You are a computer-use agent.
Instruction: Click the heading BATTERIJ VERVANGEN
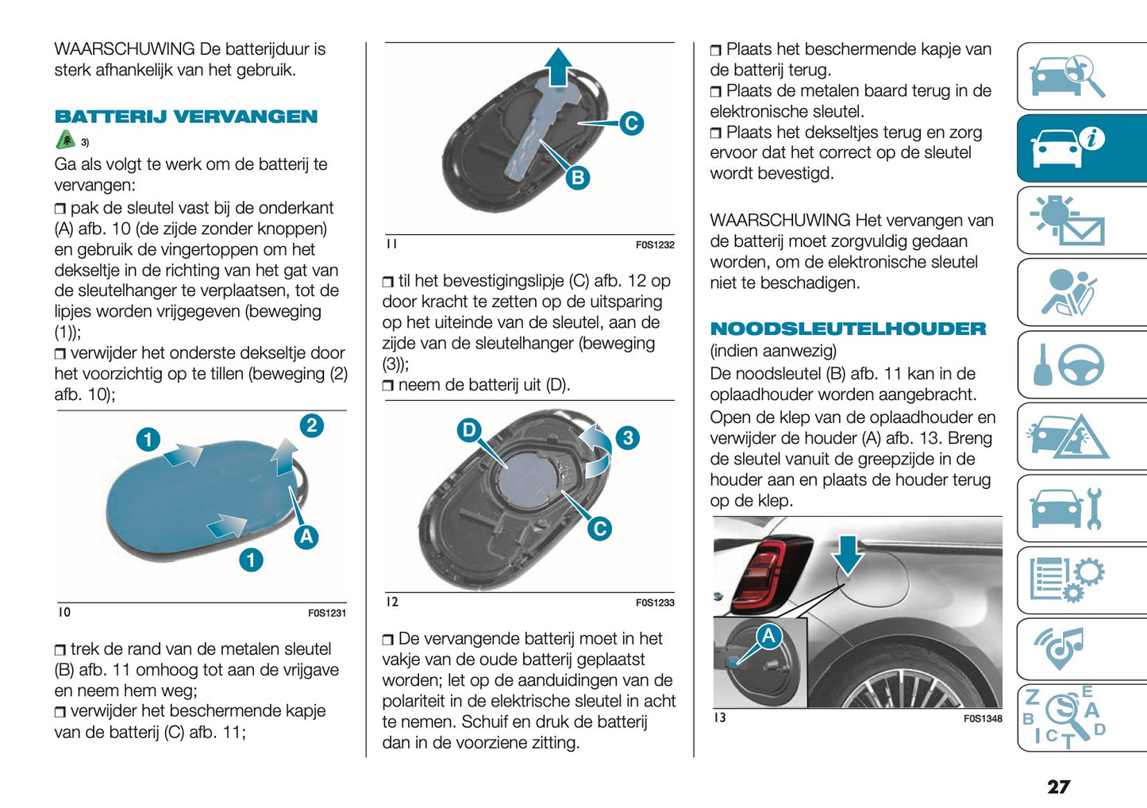(186, 117)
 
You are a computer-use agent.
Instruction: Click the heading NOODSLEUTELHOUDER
(847, 329)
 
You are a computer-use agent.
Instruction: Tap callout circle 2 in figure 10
(311, 426)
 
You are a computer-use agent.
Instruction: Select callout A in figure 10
(306, 537)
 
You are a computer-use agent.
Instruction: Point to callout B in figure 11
(578, 178)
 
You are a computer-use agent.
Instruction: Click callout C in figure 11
(631, 123)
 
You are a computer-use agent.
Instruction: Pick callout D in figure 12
(469, 430)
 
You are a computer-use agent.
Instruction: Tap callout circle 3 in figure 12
(627, 438)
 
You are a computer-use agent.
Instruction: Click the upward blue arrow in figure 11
(559, 66)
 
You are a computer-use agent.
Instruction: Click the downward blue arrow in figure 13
(848, 554)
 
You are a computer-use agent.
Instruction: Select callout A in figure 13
(768, 636)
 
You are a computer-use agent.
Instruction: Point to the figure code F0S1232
(654, 245)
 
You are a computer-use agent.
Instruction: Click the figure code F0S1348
(982, 719)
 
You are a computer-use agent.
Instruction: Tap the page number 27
(1058, 787)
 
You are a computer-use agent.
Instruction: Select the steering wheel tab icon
(1081, 365)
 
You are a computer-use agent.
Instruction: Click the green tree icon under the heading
(66, 140)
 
